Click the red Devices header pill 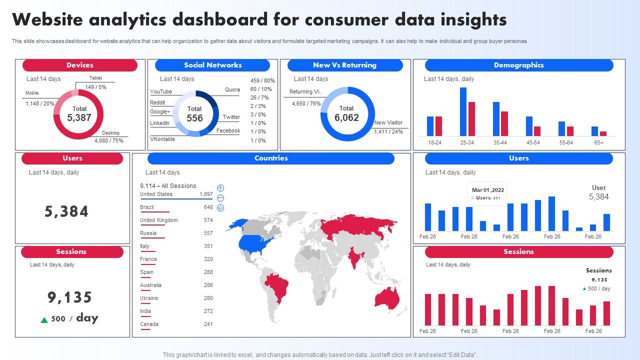click(80, 65)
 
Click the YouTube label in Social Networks click(161, 91)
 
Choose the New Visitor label click(388, 122)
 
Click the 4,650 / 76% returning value click(306, 103)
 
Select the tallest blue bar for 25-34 click(463, 111)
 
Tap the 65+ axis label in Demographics click(598, 142)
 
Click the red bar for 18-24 click(438, 126)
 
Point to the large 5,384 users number click(66, 211)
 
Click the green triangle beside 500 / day click(44, 320)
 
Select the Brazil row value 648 click(208, 207)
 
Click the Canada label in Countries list click(149, 324)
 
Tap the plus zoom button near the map click(220, 188)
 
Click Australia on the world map click(385, 297)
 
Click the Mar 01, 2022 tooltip click(487, 193)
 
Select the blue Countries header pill click(271, 158)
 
